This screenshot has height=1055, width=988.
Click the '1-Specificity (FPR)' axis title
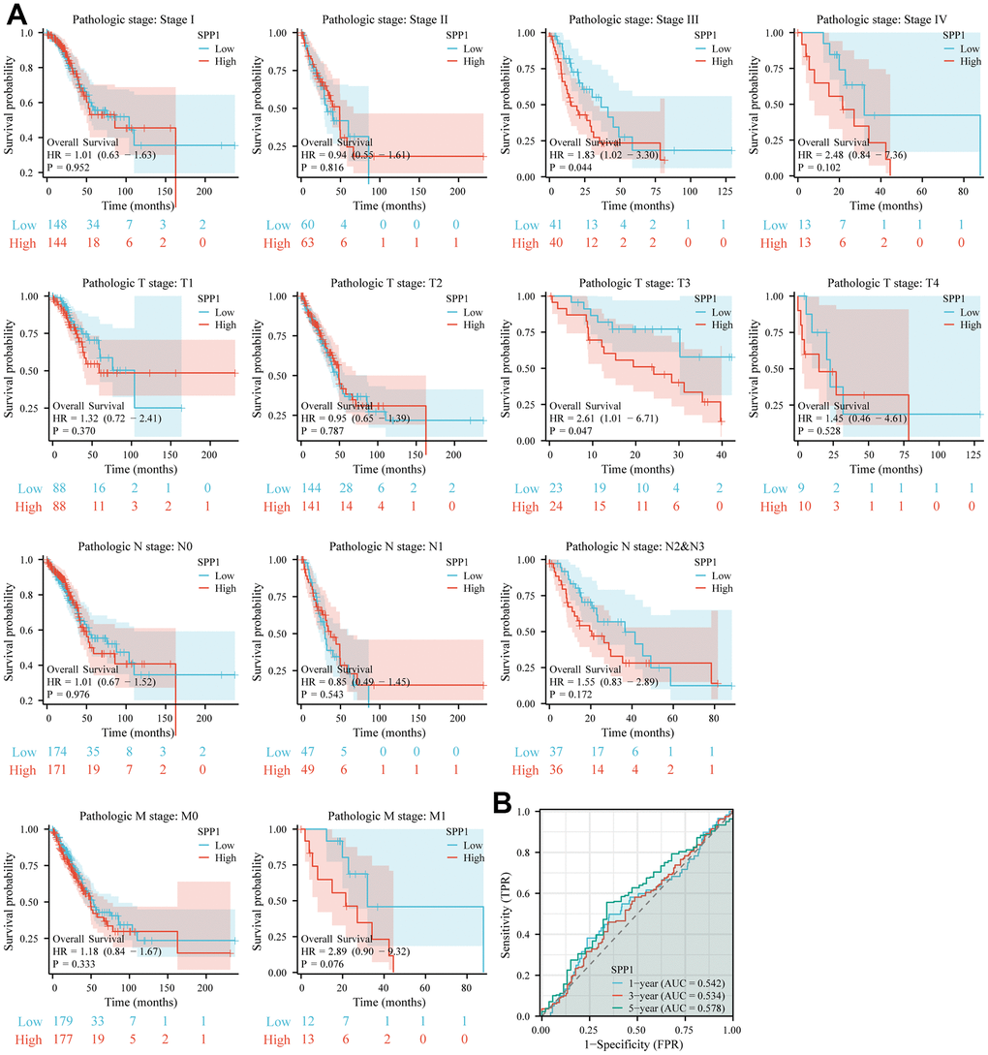tap(635, 1046)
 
